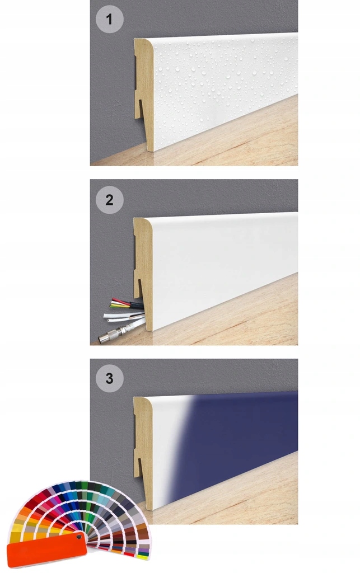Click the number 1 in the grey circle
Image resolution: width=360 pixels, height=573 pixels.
109,20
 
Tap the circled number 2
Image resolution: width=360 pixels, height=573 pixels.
109,200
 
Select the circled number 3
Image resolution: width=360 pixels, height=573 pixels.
109,379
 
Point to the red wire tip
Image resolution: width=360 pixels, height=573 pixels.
114,300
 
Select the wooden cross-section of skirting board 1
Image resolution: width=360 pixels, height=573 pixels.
144,93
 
